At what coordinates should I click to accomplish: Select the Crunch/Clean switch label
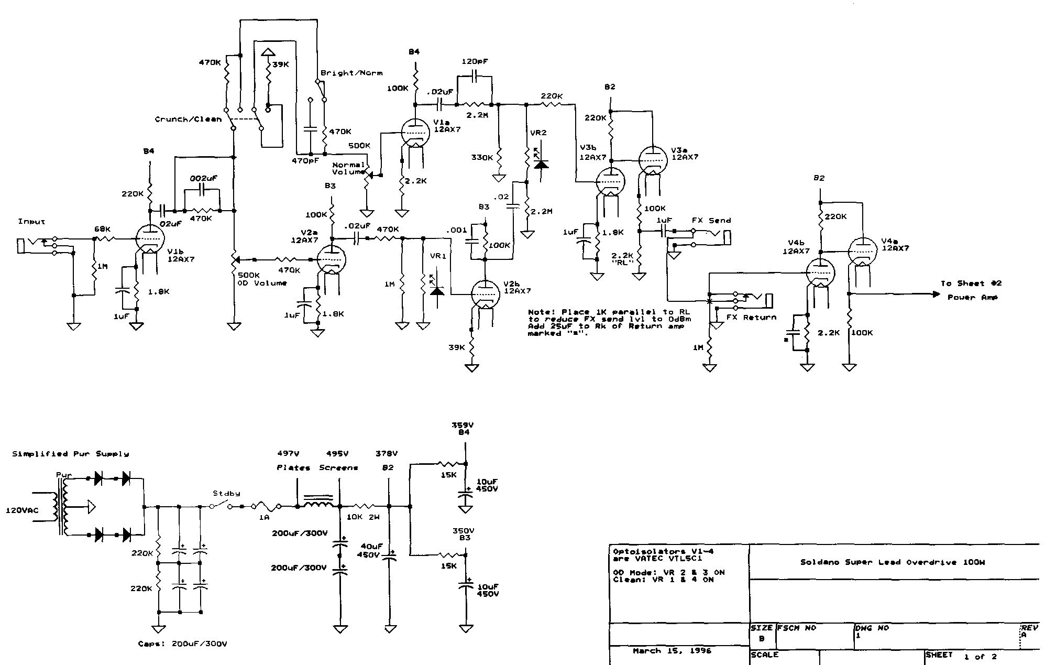(x=188, y=119)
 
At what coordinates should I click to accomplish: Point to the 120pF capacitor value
(x=475, y=61)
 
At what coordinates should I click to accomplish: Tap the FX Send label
(x=711, y=221)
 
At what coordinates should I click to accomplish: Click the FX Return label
(x=751, y=318)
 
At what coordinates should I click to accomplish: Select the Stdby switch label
(x=226, y=493)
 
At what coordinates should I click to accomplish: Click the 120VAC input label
(x=22, y=510)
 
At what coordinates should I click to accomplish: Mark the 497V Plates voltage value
(x=288, y=454)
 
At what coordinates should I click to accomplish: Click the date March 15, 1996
(x=672, y=651)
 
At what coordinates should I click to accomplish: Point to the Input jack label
(x=31, y=222)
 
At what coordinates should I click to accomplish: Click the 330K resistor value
(x=481, y=157)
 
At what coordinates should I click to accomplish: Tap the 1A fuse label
(x=265, y=518)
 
